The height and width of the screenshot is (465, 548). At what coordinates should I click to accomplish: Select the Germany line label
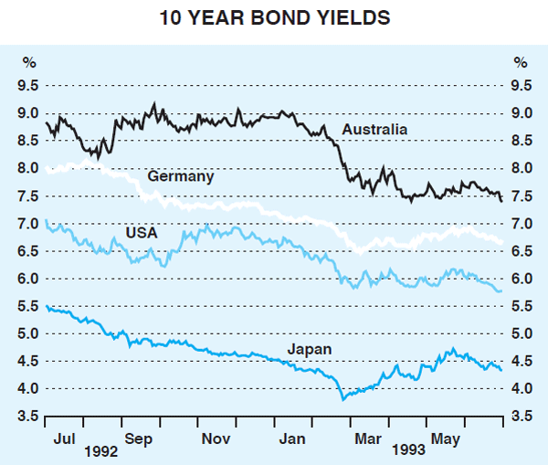182,176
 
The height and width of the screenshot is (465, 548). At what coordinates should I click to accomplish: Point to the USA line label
142,233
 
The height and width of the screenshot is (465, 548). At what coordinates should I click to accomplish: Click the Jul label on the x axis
64,438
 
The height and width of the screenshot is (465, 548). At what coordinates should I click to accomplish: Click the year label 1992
101,451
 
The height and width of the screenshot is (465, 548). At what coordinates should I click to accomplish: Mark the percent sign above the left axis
30,63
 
